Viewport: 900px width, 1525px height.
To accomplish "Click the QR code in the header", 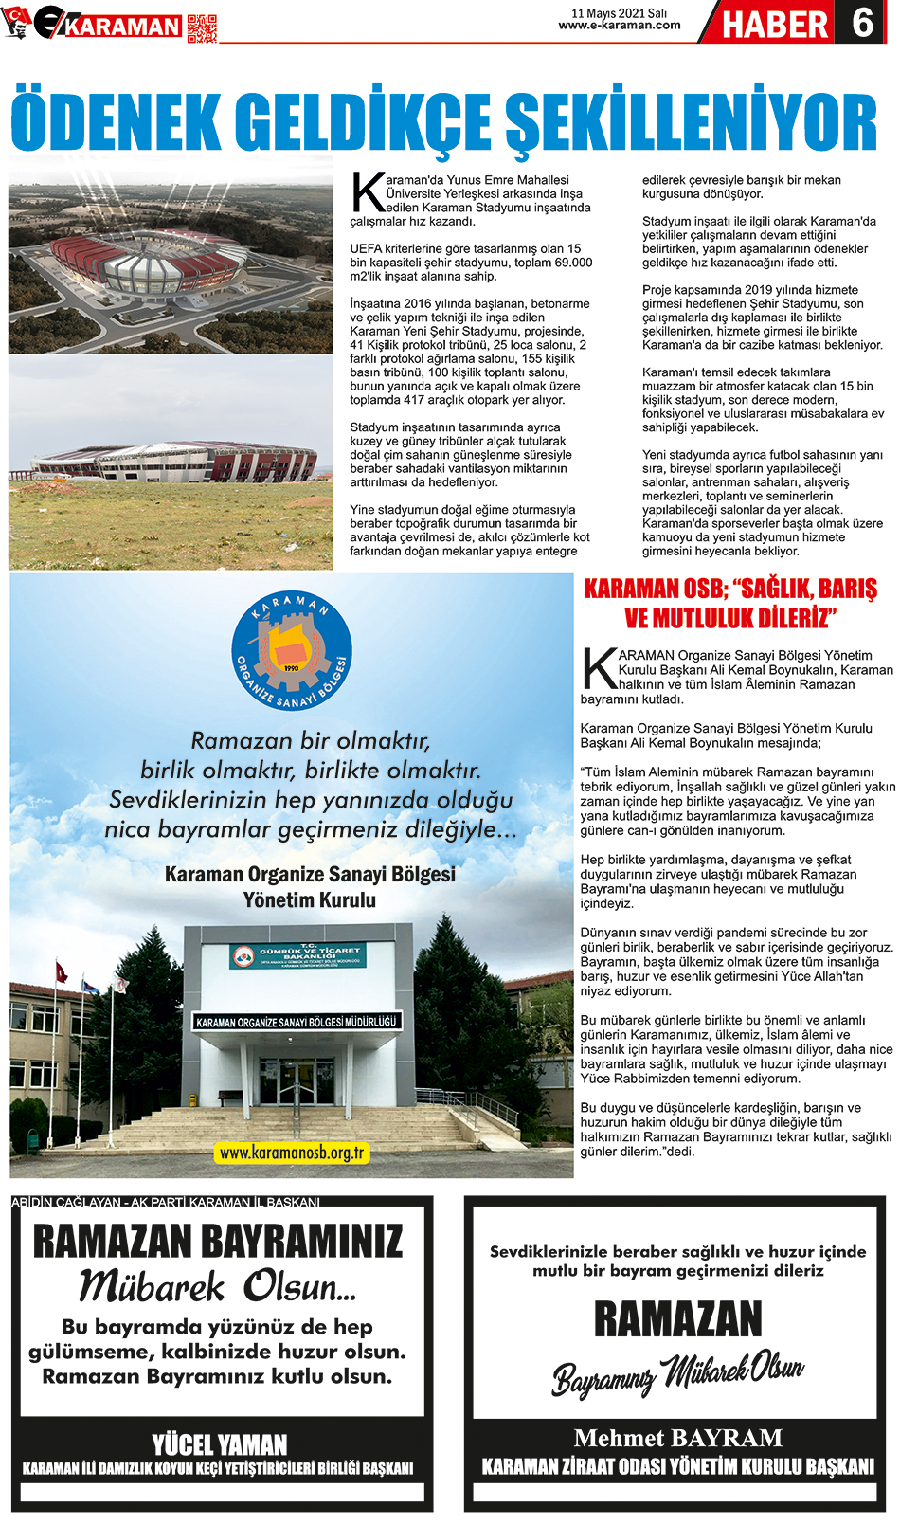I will point(202,28).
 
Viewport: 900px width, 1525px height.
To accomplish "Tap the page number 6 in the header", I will point(861,22).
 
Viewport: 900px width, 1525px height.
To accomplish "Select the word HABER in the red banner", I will point(775,24).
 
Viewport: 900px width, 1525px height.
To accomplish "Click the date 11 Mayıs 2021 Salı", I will point(619,13).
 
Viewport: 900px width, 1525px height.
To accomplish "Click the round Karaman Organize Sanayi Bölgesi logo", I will point(292,651).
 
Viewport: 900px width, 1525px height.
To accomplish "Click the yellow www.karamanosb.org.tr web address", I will point(291,1153).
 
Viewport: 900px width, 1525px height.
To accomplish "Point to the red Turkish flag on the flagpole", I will point(62,972).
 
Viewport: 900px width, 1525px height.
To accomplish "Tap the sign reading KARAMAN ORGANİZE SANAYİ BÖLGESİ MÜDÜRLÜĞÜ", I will point(297,1022).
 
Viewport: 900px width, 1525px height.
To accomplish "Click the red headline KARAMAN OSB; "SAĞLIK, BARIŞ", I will point(729,589).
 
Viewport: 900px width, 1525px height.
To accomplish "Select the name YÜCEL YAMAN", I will point(220,1443).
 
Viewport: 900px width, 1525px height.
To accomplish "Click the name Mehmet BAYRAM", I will point(678,1438).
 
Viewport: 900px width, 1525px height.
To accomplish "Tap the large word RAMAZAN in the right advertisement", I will point(678,1319).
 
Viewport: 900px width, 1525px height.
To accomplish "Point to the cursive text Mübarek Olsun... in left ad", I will point(218,1286).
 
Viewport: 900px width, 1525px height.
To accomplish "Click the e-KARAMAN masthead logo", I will point(104,25).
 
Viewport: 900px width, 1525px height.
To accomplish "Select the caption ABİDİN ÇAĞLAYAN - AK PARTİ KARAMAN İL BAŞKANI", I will point(166,1202).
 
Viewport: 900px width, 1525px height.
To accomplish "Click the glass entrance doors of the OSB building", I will point(298,1080).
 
